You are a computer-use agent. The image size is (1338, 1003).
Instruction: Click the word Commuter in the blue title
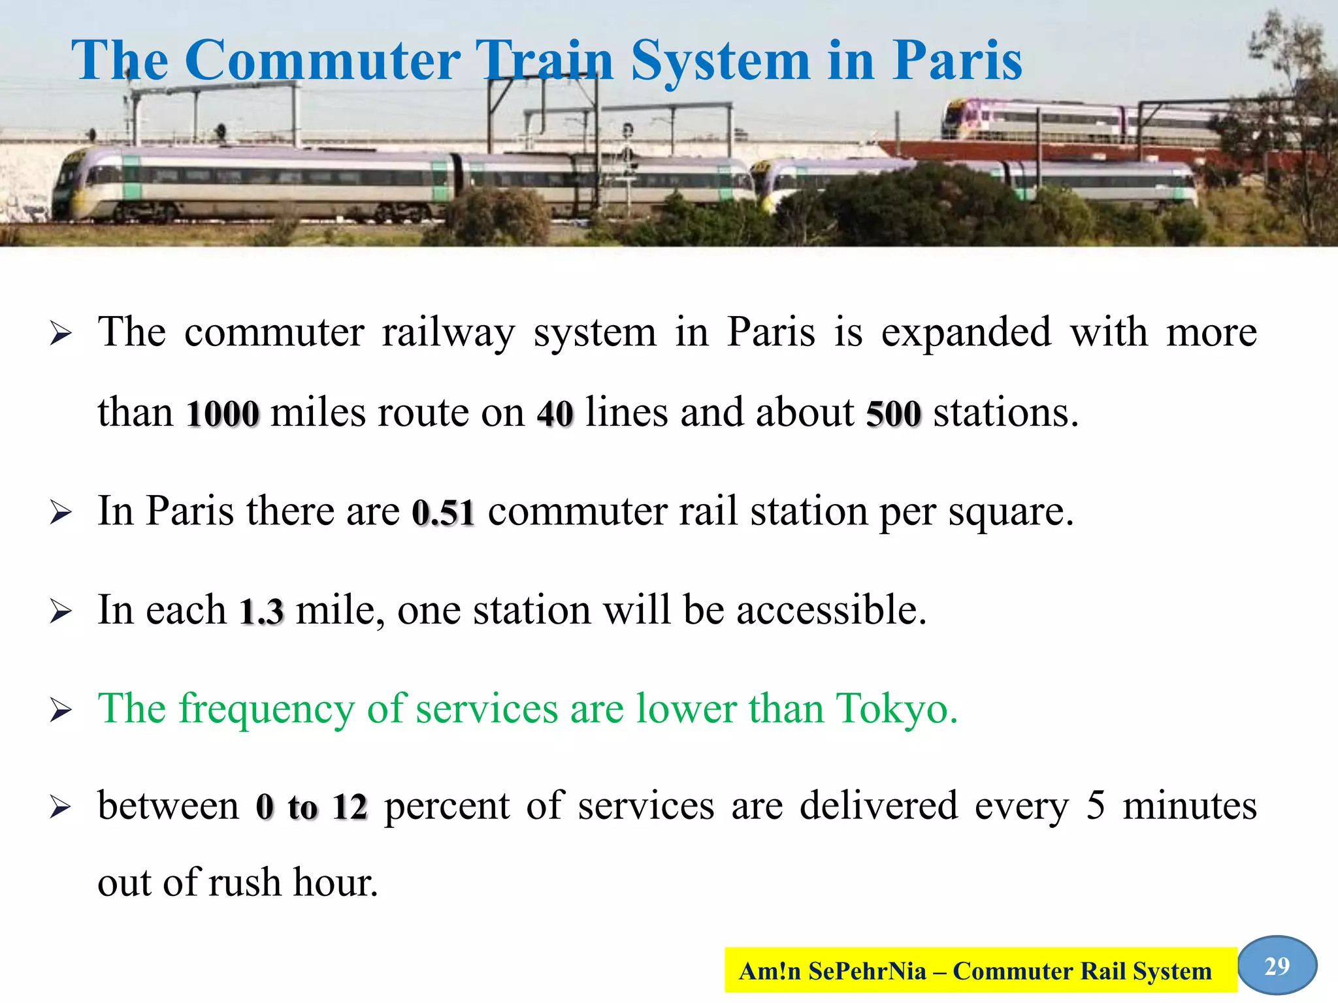[323, 60]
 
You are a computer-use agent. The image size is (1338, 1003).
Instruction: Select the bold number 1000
[223, 413]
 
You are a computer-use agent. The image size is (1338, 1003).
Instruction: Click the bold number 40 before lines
[555, 413]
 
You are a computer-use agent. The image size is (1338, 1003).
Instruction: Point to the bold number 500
[893, 413]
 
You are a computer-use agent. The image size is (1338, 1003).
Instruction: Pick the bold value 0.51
[443, 512]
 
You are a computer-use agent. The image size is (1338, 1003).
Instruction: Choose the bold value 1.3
[261, 611]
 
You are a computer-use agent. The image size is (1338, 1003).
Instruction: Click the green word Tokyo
[896, 709]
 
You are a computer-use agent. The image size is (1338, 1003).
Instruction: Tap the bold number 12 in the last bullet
[350, 807]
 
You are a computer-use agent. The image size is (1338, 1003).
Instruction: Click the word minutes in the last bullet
[1189, 806]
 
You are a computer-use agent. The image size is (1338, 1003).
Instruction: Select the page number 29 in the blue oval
[1277, 966]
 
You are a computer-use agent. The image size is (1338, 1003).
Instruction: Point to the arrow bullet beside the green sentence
[60, 710]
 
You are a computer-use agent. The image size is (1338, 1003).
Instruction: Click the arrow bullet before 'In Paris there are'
[60, 513]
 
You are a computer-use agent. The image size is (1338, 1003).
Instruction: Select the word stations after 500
[1005, 413]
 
